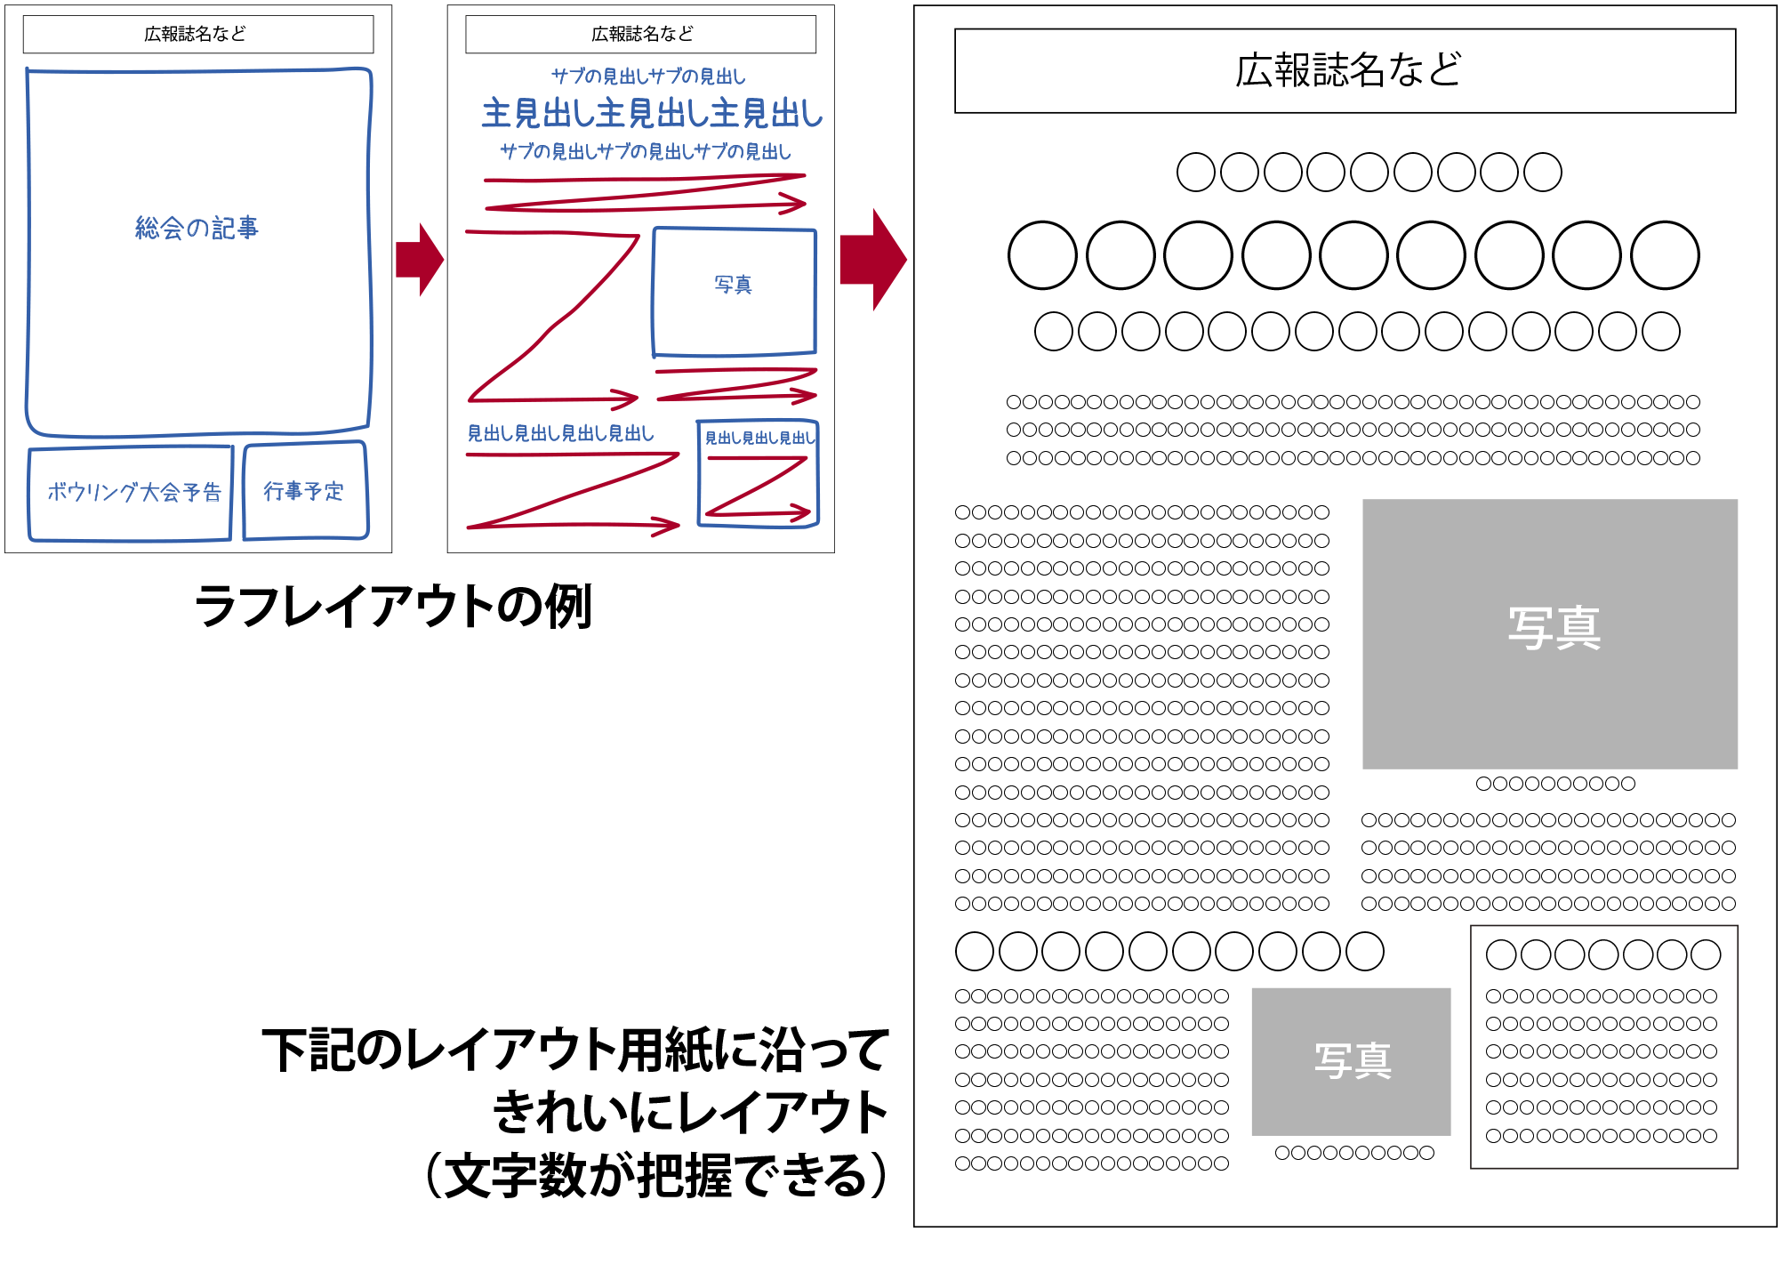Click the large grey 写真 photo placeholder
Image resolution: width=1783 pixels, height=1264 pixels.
click(x=1549, y=633)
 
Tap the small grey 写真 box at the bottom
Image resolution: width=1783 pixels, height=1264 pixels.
click(x=1351, y=1060)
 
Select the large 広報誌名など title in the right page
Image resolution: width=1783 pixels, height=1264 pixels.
click(x=1345, y=70)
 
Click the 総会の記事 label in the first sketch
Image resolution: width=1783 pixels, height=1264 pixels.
click(x=197, y=229)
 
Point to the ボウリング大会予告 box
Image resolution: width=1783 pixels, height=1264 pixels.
click(x=132, y=493)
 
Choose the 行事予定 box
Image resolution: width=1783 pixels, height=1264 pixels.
click(x=304, y=491)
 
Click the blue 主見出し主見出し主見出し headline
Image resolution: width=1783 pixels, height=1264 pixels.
click(x=652, y=114)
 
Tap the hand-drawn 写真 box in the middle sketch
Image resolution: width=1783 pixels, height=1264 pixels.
click(x=734, y=290)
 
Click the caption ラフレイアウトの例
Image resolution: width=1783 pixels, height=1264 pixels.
click(x=392, y=607)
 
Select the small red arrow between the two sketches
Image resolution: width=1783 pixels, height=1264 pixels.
click(x=420, y=259)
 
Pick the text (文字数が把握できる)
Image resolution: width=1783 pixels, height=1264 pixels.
click(x=656, y=1174)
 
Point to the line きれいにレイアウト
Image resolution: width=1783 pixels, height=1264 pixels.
click(x=690, y=1112)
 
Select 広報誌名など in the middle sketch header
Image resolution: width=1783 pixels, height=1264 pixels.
click(x=640, y=35)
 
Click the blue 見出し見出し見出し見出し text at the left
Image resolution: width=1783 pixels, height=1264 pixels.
click(x=561, y=434)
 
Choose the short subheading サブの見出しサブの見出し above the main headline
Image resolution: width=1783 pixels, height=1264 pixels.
click(x=648, y=76)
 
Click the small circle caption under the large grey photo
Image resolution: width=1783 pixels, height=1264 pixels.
click(x=1555, y=784)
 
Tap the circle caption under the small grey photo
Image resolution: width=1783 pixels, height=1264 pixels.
click(x=1353, y=1153)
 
